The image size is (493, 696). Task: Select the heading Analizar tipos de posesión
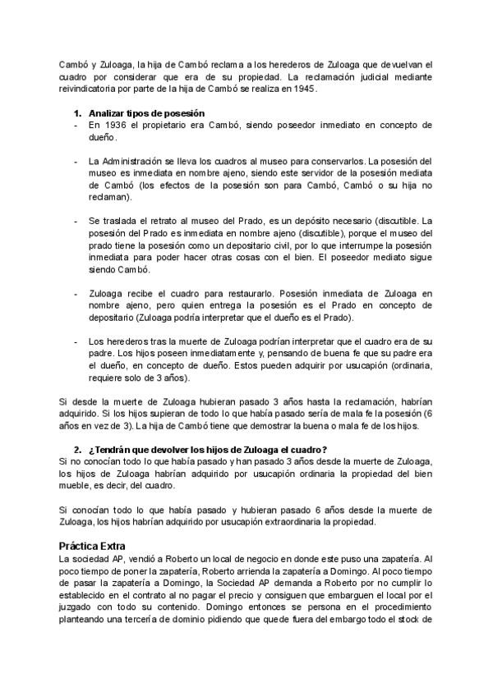(x=146, y=112)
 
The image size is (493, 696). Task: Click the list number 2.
(x=76, y=449)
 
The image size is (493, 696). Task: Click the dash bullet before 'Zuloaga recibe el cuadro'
(x=76, y=293)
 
